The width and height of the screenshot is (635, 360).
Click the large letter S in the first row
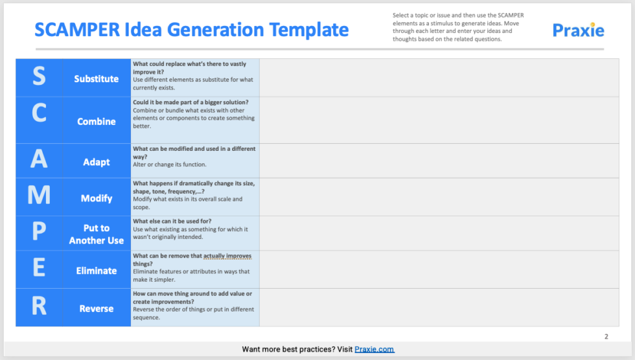[x=39, y=77]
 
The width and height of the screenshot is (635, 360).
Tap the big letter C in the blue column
[x=39, y=113]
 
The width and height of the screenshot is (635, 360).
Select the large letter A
[x=39, y=159]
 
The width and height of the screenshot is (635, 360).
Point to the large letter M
[x=39, y=194]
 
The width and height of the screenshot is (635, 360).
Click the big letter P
[x=39, y=232]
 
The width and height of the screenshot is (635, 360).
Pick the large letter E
[x=39, y=268]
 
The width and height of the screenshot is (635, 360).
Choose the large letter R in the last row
[x=39, y=306]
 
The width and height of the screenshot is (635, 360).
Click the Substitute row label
[x=97, y=79]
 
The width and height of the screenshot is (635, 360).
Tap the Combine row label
[x=97, y=122]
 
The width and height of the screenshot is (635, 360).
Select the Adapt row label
[x=97, y=162]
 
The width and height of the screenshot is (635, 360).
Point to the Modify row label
[x=97, y=198]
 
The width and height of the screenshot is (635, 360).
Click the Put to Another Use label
[x=97, y=234]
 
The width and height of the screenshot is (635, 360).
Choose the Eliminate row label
[x=97, y=271]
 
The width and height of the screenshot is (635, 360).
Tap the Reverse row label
[x=97, y=309]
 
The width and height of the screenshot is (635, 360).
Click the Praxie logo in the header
[x=578, y=30]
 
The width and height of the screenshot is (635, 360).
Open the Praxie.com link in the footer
[x=375, y=350]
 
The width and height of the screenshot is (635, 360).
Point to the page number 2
[x=606, y=336]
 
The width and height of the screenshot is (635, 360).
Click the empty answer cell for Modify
[x=439, y=197]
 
